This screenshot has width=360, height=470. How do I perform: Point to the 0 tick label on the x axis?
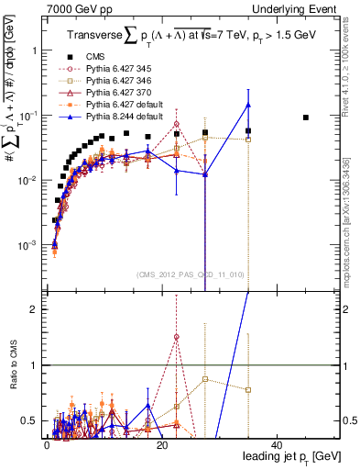[47, 445]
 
